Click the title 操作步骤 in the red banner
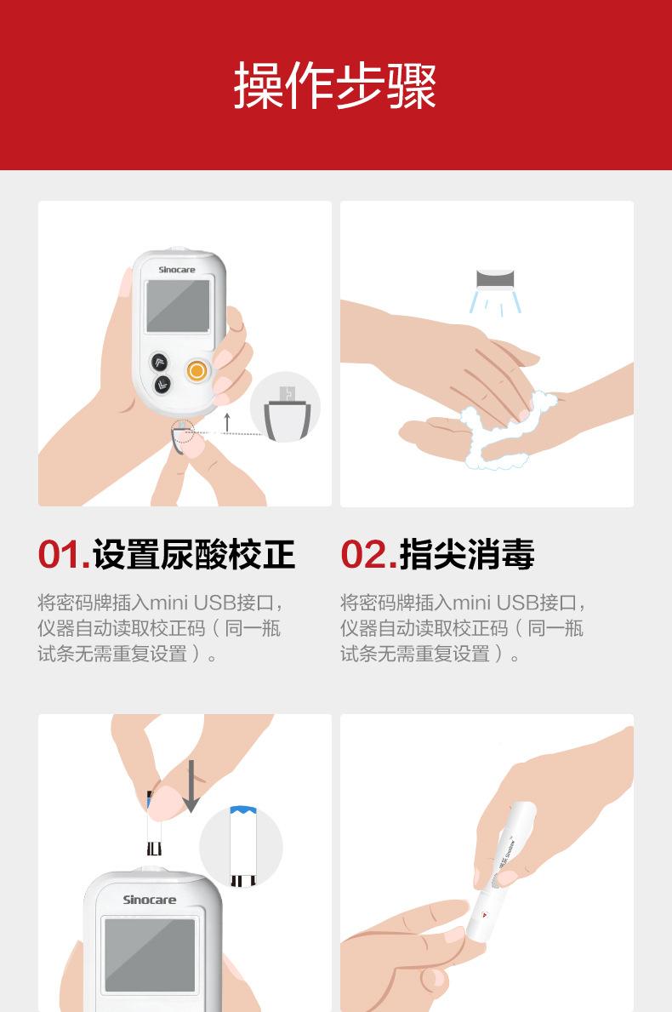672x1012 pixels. (335, 85)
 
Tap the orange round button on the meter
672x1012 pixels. (196, 370)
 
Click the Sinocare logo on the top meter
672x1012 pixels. (177, 270)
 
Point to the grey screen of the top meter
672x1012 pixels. (178, 306)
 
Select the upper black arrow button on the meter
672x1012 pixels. (159, 362)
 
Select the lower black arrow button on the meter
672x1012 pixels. (162, 386)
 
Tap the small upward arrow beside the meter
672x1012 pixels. (227, 423)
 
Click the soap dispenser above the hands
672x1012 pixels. (495, 279)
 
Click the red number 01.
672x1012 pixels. (63, 554)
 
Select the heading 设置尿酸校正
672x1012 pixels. (194, 554)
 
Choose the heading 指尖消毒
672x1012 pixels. (467, 554)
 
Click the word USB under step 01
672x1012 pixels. (214, 603)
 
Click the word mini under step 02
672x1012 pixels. (472, 603)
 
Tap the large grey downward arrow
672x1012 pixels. (191, 786)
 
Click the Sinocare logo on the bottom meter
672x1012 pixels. (150, 900)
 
